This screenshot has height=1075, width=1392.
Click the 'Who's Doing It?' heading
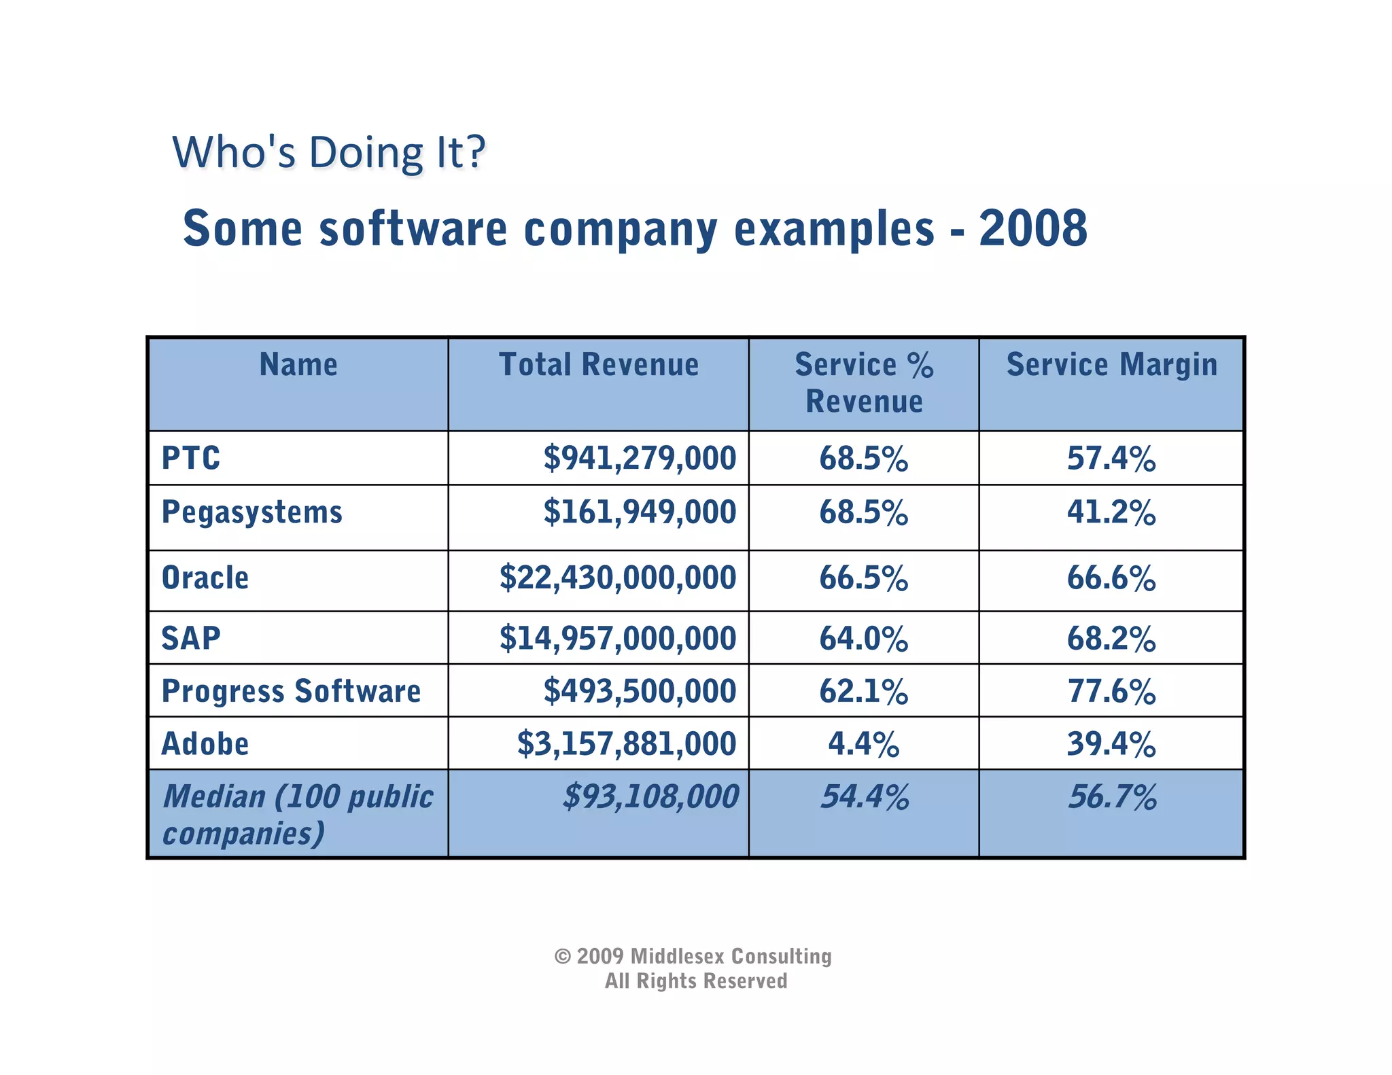[x=329, y=152]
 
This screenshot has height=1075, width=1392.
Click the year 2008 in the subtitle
[x=1032, y=228]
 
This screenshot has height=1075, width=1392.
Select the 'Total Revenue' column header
[x=598, y=365]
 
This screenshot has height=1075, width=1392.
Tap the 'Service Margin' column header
[x=1111, y=365]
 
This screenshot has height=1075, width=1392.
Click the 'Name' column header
[x=298, y=365]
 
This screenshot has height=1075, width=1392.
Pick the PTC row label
[x=191, y=458]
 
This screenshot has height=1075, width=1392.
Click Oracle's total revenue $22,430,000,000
[x=617, y=578]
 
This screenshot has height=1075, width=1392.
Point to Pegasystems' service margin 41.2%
[x=1111, y=512]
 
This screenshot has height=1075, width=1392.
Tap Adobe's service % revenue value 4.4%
[x=863, y=744]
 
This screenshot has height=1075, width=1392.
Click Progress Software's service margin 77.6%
[x=1111, y=692]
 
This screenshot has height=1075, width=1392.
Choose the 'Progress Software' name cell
[x=291, y=692]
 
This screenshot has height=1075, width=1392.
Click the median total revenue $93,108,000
[x=650, y=797]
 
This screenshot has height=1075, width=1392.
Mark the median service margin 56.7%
[x=1112, y=797]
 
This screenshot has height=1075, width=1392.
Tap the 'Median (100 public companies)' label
[x=297, y=814]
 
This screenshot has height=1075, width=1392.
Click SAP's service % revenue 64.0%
[x=863, y=639]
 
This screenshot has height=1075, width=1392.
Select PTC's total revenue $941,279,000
[x=639, y=458]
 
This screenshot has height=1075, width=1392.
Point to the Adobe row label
[x=205, y=744]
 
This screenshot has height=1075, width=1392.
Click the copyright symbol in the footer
[x=562, y=957]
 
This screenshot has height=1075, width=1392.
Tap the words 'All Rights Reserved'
[x=696, y=981]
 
